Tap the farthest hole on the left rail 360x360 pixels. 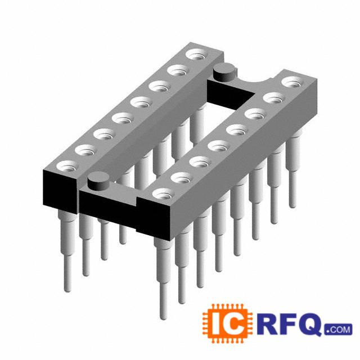pos(197,55)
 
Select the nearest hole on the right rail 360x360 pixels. pos(164,194)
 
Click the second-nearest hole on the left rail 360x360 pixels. pos(86,151)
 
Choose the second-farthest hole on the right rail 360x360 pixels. pos(274,98)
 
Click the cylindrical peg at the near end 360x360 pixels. pos(98,181)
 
